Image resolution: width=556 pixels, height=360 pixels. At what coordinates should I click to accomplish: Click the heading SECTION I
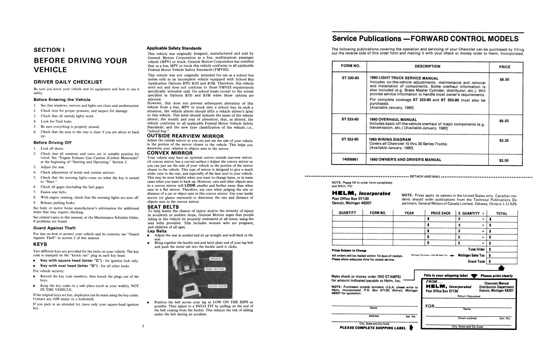coord(51,50)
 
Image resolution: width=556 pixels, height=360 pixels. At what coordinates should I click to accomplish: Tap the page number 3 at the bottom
coord(142,326)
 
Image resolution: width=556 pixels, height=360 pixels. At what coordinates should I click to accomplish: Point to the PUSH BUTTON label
coord(216,269)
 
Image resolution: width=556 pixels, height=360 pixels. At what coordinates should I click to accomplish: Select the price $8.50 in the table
coord(504,80)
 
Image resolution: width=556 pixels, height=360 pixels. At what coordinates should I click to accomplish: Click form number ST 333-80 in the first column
coord(350,119)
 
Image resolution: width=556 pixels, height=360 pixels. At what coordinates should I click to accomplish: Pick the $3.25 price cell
coord(504,140)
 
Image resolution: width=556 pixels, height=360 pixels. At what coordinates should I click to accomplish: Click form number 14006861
coord(350,160)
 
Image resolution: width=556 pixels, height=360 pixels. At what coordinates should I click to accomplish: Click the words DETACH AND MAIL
coord(425,176)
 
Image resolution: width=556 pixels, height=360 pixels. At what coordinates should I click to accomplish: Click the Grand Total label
coord(477,261)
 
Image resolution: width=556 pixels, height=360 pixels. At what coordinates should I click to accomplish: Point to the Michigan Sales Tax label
coord(472,255)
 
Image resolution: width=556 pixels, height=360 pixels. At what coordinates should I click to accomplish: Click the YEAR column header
coord(409,212)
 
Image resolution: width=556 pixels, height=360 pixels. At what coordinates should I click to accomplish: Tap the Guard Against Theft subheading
coord(55,227)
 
